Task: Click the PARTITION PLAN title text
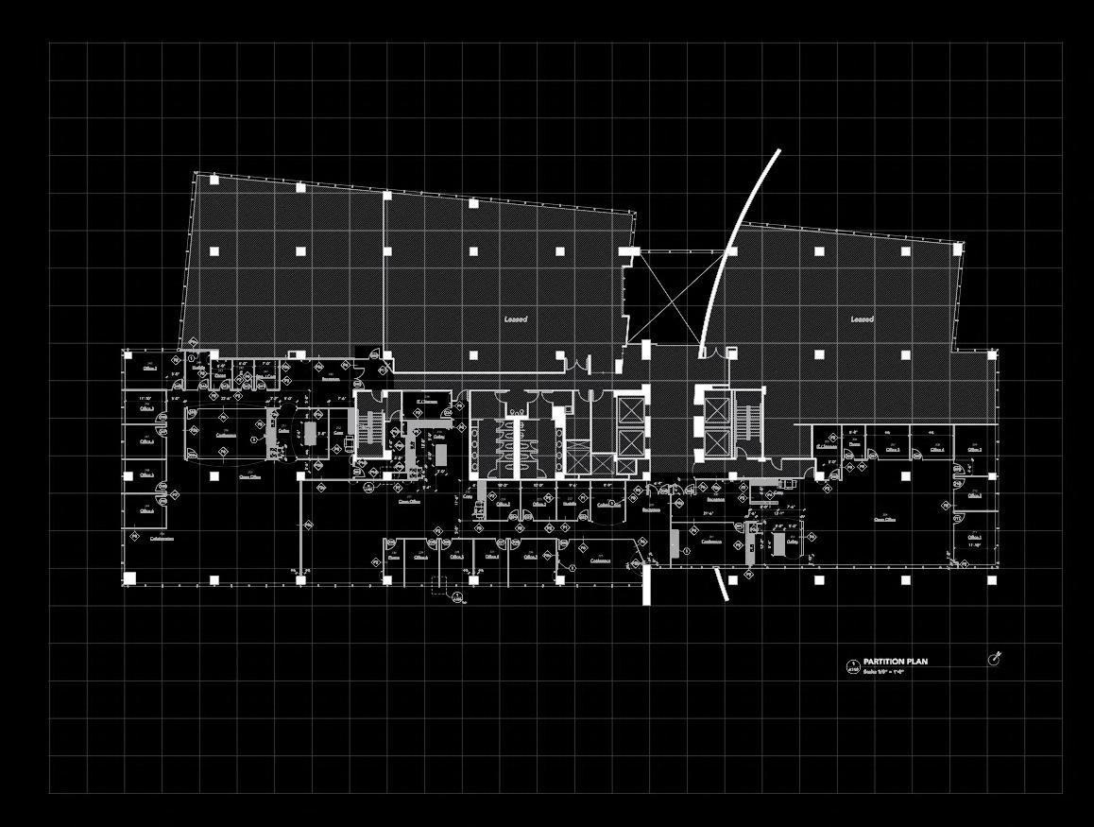(x=895, y=662)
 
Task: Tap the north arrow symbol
(x=994, y=658)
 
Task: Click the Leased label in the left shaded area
(x=515, y=319)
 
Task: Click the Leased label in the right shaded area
(x=862, y=319)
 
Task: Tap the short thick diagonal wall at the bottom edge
(x=721, y=583)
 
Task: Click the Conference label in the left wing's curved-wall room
(x=226, y=435)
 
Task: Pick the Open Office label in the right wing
(x=884, y=519)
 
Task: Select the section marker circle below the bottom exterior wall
(x=457, y=597)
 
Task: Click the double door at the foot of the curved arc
(x=715, y=353)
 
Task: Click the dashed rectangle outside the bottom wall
(x=441, y=585)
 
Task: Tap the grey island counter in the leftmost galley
(x=311, y=437)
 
